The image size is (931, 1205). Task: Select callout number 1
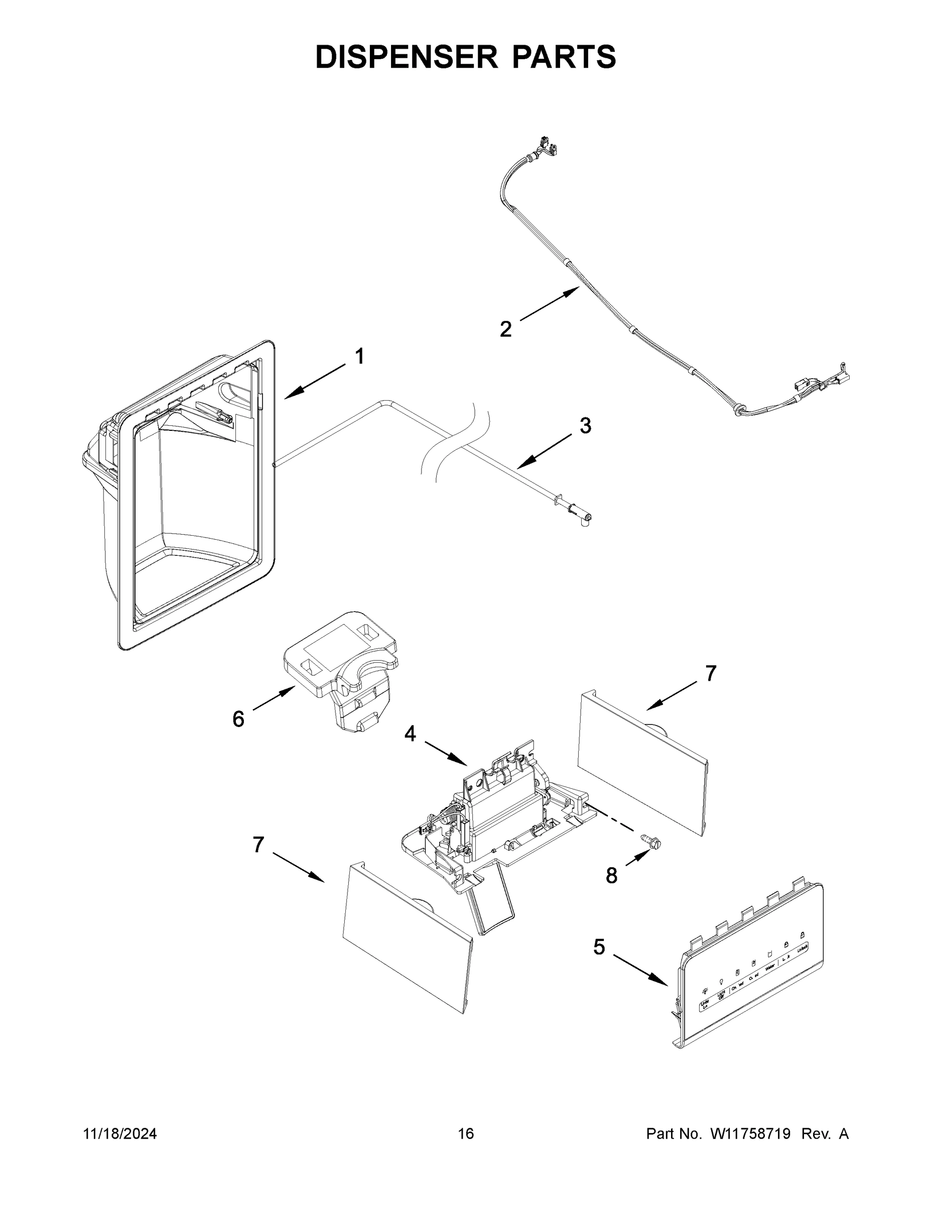359,356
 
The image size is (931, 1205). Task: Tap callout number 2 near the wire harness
505,329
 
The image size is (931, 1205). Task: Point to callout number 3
585,425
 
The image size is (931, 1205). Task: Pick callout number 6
238,719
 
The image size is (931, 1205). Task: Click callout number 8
611,876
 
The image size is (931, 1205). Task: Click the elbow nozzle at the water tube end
586,519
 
